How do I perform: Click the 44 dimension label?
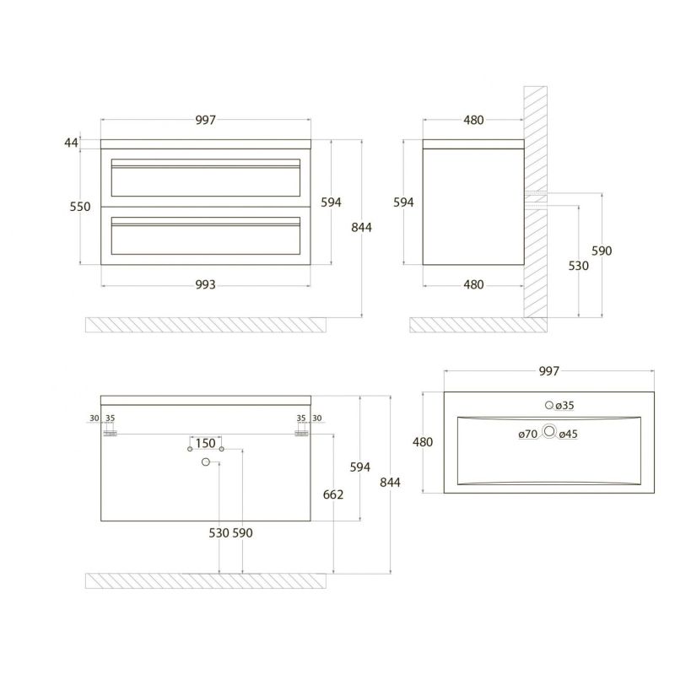click(x=72, y=143)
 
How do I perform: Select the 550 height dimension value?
click(x=80, y=207)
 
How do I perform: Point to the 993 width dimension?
click(x=205, y=284)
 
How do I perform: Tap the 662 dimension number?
click(x=333, y=494)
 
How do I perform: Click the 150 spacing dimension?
click(x=205, y=443)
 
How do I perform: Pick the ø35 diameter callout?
click(x=564, y=406)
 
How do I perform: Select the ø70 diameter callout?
click(x=528, y=434)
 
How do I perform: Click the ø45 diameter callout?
click(x=568, y=434)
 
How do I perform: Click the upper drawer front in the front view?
click(x=206, y=177)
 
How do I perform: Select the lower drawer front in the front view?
click(x=206, y=235)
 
